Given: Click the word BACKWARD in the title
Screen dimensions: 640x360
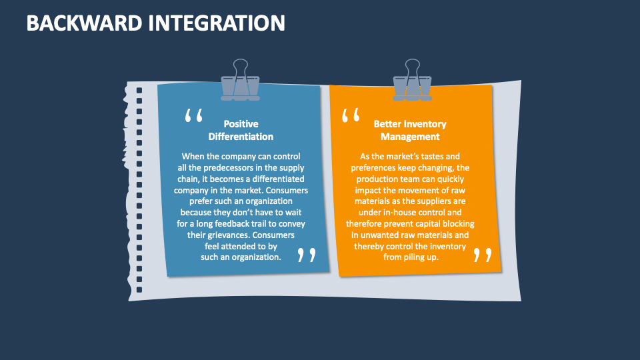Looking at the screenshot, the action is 84,23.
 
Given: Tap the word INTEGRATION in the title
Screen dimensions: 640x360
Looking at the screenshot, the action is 216,23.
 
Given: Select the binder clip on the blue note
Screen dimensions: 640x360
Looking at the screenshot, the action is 241,80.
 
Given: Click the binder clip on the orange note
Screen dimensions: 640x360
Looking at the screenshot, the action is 412,80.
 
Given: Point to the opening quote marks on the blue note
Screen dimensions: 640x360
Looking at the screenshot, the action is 194,115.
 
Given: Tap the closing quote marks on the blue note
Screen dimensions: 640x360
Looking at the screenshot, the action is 307,255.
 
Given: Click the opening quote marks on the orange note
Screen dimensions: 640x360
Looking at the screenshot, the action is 351,115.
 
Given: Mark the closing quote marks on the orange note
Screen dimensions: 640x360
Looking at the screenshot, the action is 483,255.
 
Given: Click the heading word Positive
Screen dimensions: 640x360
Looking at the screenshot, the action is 241,124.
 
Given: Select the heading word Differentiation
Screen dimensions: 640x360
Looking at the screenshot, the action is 241,136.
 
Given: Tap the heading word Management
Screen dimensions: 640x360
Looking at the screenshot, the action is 410,137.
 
